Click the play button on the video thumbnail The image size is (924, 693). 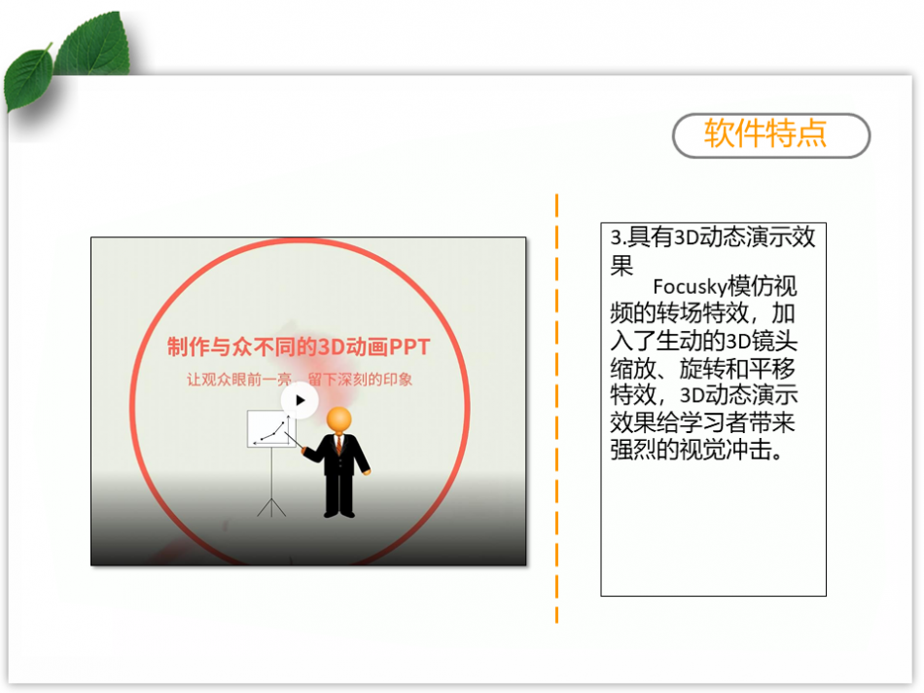click(300, 400)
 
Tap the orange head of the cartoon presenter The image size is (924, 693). click(338, 419)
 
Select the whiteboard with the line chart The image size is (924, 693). click(271, 429)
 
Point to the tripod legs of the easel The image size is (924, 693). click(271, 507)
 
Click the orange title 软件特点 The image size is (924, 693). click(765, 133)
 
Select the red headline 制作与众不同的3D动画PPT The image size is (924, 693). click(299, 346)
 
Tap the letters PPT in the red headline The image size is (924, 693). click(409, 346)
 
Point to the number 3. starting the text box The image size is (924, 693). click(618, 237)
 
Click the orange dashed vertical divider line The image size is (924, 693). click(556, 408)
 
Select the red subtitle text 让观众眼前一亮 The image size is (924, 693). click(239, 380)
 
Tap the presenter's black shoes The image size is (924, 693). click(339, 513)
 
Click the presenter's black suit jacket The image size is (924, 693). click(340, 455)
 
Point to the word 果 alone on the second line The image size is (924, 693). click(622, 265)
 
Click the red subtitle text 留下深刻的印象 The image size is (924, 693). click(360, 380)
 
